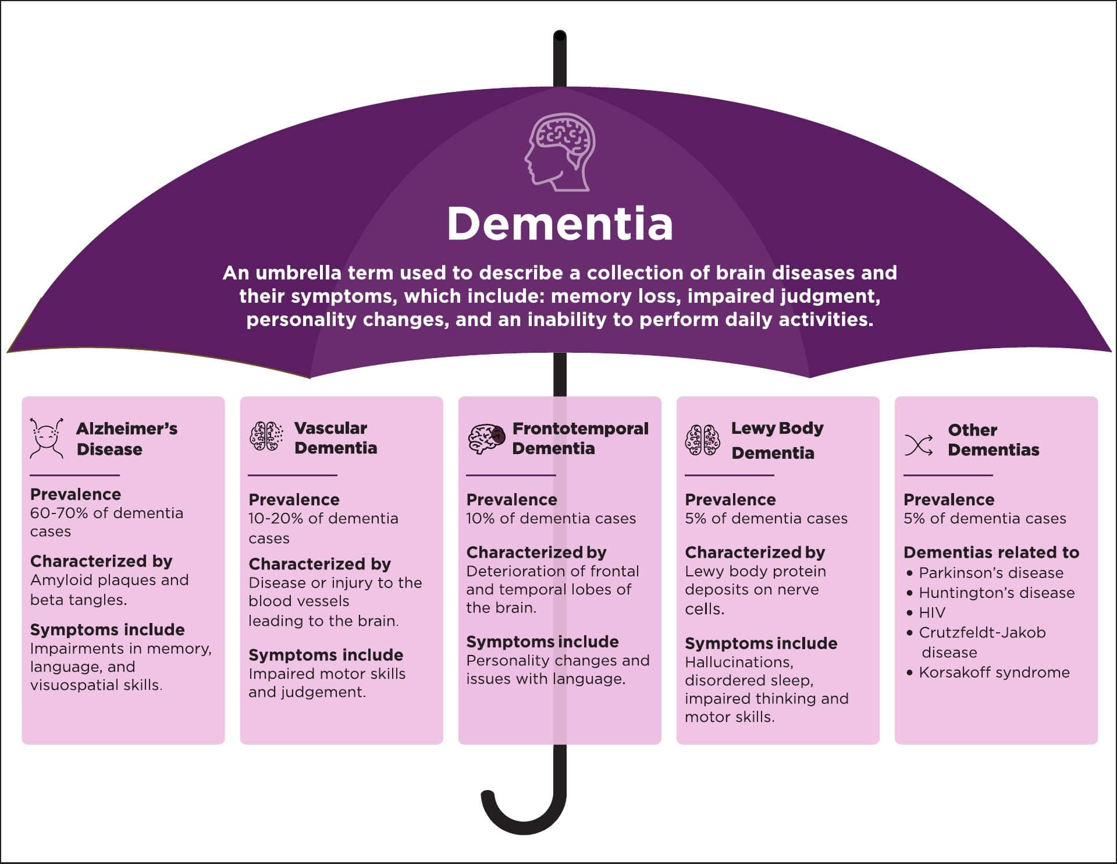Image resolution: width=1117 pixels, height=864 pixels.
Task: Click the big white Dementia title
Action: pyautogui.click(x=560, y=224)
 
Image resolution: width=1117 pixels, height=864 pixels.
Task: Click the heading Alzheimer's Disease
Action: pyautogui.click(x=126, y=439)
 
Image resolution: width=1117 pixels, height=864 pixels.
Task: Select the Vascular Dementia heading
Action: pyautogui.click(x=335, y=438)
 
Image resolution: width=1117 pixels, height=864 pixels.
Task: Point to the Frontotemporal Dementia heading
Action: pyautogui.click(x=579, y=438)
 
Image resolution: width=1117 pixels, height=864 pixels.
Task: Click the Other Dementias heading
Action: pyautogui.click(x=993, y=440)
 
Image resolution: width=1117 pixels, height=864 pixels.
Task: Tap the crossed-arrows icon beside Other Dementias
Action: pyautogui.click(x=919, y=446)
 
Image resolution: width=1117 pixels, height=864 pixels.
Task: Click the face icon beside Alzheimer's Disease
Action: pyautogui.click(x=47, y=438)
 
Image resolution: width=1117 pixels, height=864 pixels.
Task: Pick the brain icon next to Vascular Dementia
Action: pyautogui.click(x=266, y=436)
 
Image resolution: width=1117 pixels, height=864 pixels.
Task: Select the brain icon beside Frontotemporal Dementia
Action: pyautogui.click(x=486, y=438)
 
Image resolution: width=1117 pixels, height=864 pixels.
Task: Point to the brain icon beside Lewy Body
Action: pyautogui.click(x=703, y=440)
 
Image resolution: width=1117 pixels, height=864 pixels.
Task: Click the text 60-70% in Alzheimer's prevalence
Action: pyautogui.click(x=56, y=513)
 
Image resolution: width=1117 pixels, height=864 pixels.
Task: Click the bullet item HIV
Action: pyautogui.click(x=932, y=612)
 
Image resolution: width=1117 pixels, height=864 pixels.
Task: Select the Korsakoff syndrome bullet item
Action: pyautogui.click(x=994, y=672)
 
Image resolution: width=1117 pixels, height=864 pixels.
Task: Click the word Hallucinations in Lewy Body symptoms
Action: pyautogui.click(x=739, y=662)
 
